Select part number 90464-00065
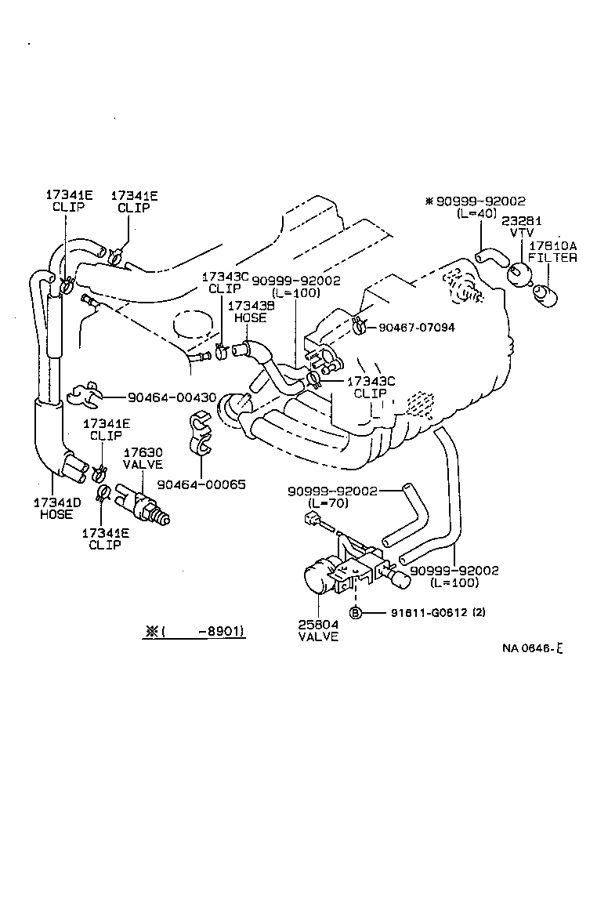pyautogui.click(x=201, y=484)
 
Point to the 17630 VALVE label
pyautogui.click(x=143, y=459)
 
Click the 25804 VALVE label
pyautogui.click(x=318, y=630)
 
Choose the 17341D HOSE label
pyautogui.click(x=53, y=508)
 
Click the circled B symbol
pyautogui.click(x=355, y=612)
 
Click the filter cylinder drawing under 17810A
pyautogui.click(x=543, y=296)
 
